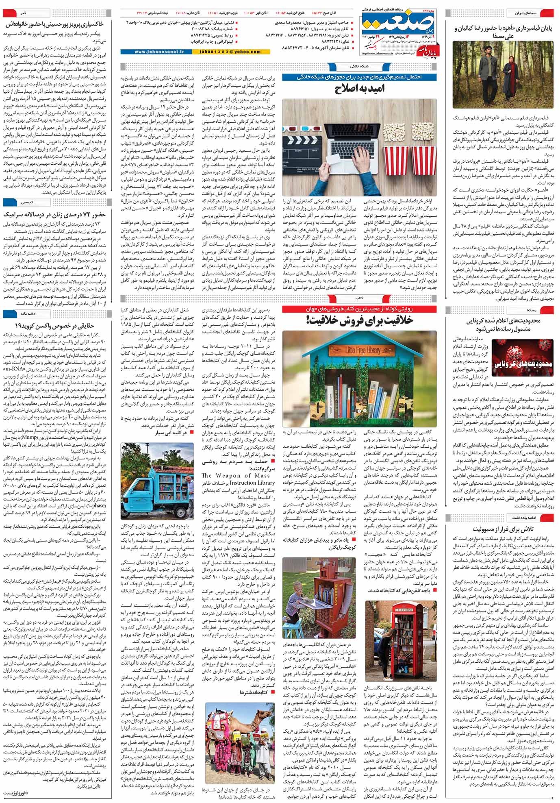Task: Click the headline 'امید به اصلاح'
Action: (x=360, y=89)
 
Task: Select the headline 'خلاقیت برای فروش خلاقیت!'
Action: (x=360, y=320)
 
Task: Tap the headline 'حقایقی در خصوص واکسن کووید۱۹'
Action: (x=54, y=326)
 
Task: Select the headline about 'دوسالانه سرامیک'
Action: (x=54, y=214)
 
